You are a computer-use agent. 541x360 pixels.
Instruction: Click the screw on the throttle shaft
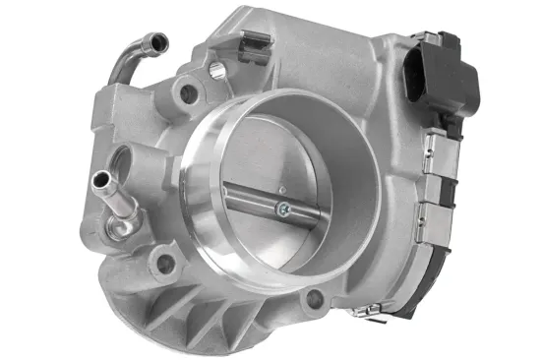283,208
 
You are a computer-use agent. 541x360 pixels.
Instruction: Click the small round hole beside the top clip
215,70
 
